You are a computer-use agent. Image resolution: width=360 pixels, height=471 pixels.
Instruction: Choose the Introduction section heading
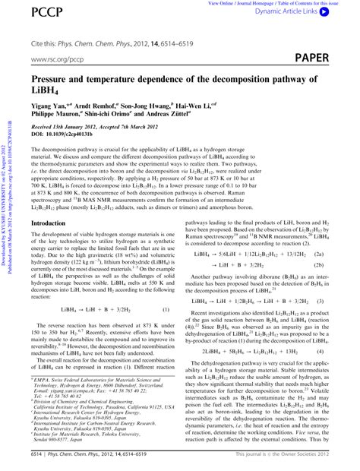point(51,223)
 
